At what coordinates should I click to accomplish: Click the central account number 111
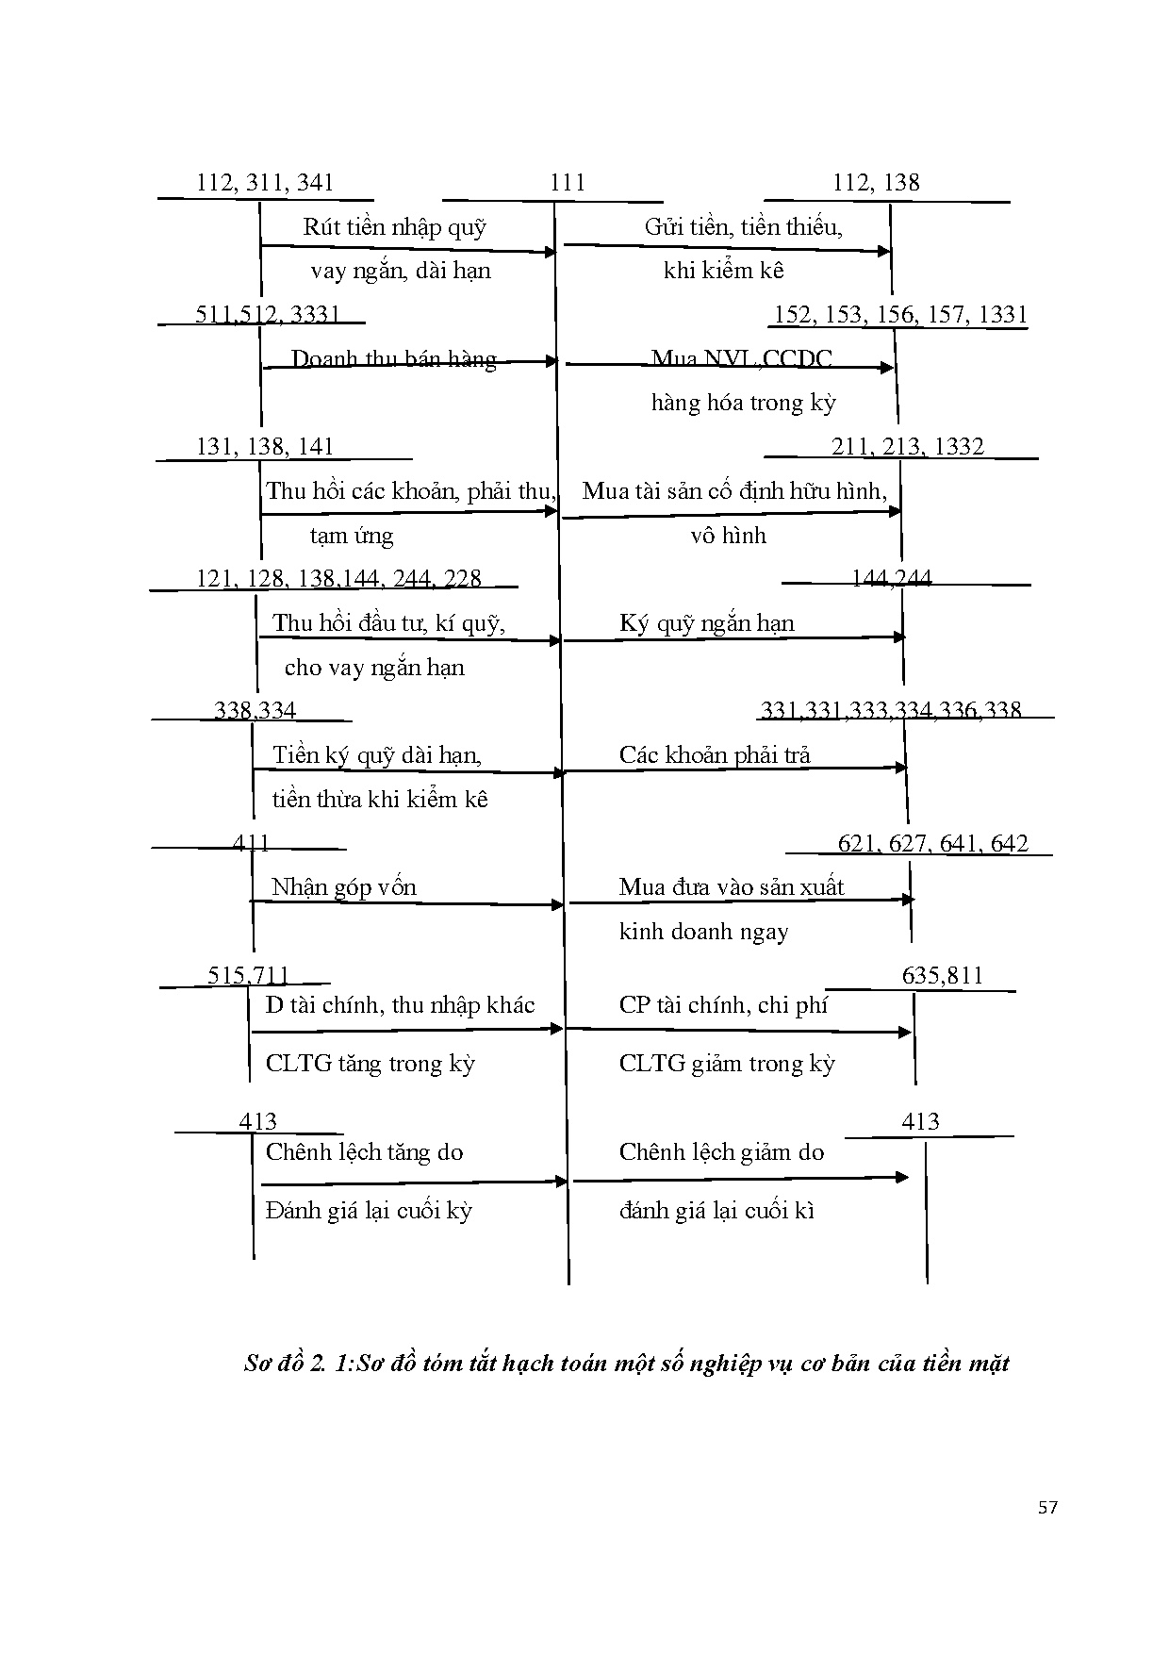[568, 183]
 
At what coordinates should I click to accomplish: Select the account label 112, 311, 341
[265, 183]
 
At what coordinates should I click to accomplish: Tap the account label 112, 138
[876, 183]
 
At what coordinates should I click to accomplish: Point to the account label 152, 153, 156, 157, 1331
[900, 315]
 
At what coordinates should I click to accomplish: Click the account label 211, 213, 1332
[907, 447]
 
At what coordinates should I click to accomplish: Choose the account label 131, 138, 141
[265, 447]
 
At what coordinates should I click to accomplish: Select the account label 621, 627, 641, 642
[932, 844]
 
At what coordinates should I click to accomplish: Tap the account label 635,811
[942, 976]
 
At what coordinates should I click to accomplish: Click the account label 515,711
[249, 976]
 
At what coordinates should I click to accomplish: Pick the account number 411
[252, 843]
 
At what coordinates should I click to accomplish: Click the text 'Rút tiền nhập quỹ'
[395, 227]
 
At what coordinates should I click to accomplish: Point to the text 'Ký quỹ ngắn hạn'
[707, 623]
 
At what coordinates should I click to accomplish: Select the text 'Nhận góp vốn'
[344, 887]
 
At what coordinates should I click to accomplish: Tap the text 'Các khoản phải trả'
[715, 755]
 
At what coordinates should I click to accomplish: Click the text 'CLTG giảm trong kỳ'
[727, 1064]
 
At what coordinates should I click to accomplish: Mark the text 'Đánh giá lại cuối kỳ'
[369, 1211]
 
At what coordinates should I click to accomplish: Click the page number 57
[1047, 1508]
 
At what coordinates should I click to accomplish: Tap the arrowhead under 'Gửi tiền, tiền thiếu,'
[884, 251]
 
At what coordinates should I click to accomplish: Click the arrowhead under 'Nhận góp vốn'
[557, 904]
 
